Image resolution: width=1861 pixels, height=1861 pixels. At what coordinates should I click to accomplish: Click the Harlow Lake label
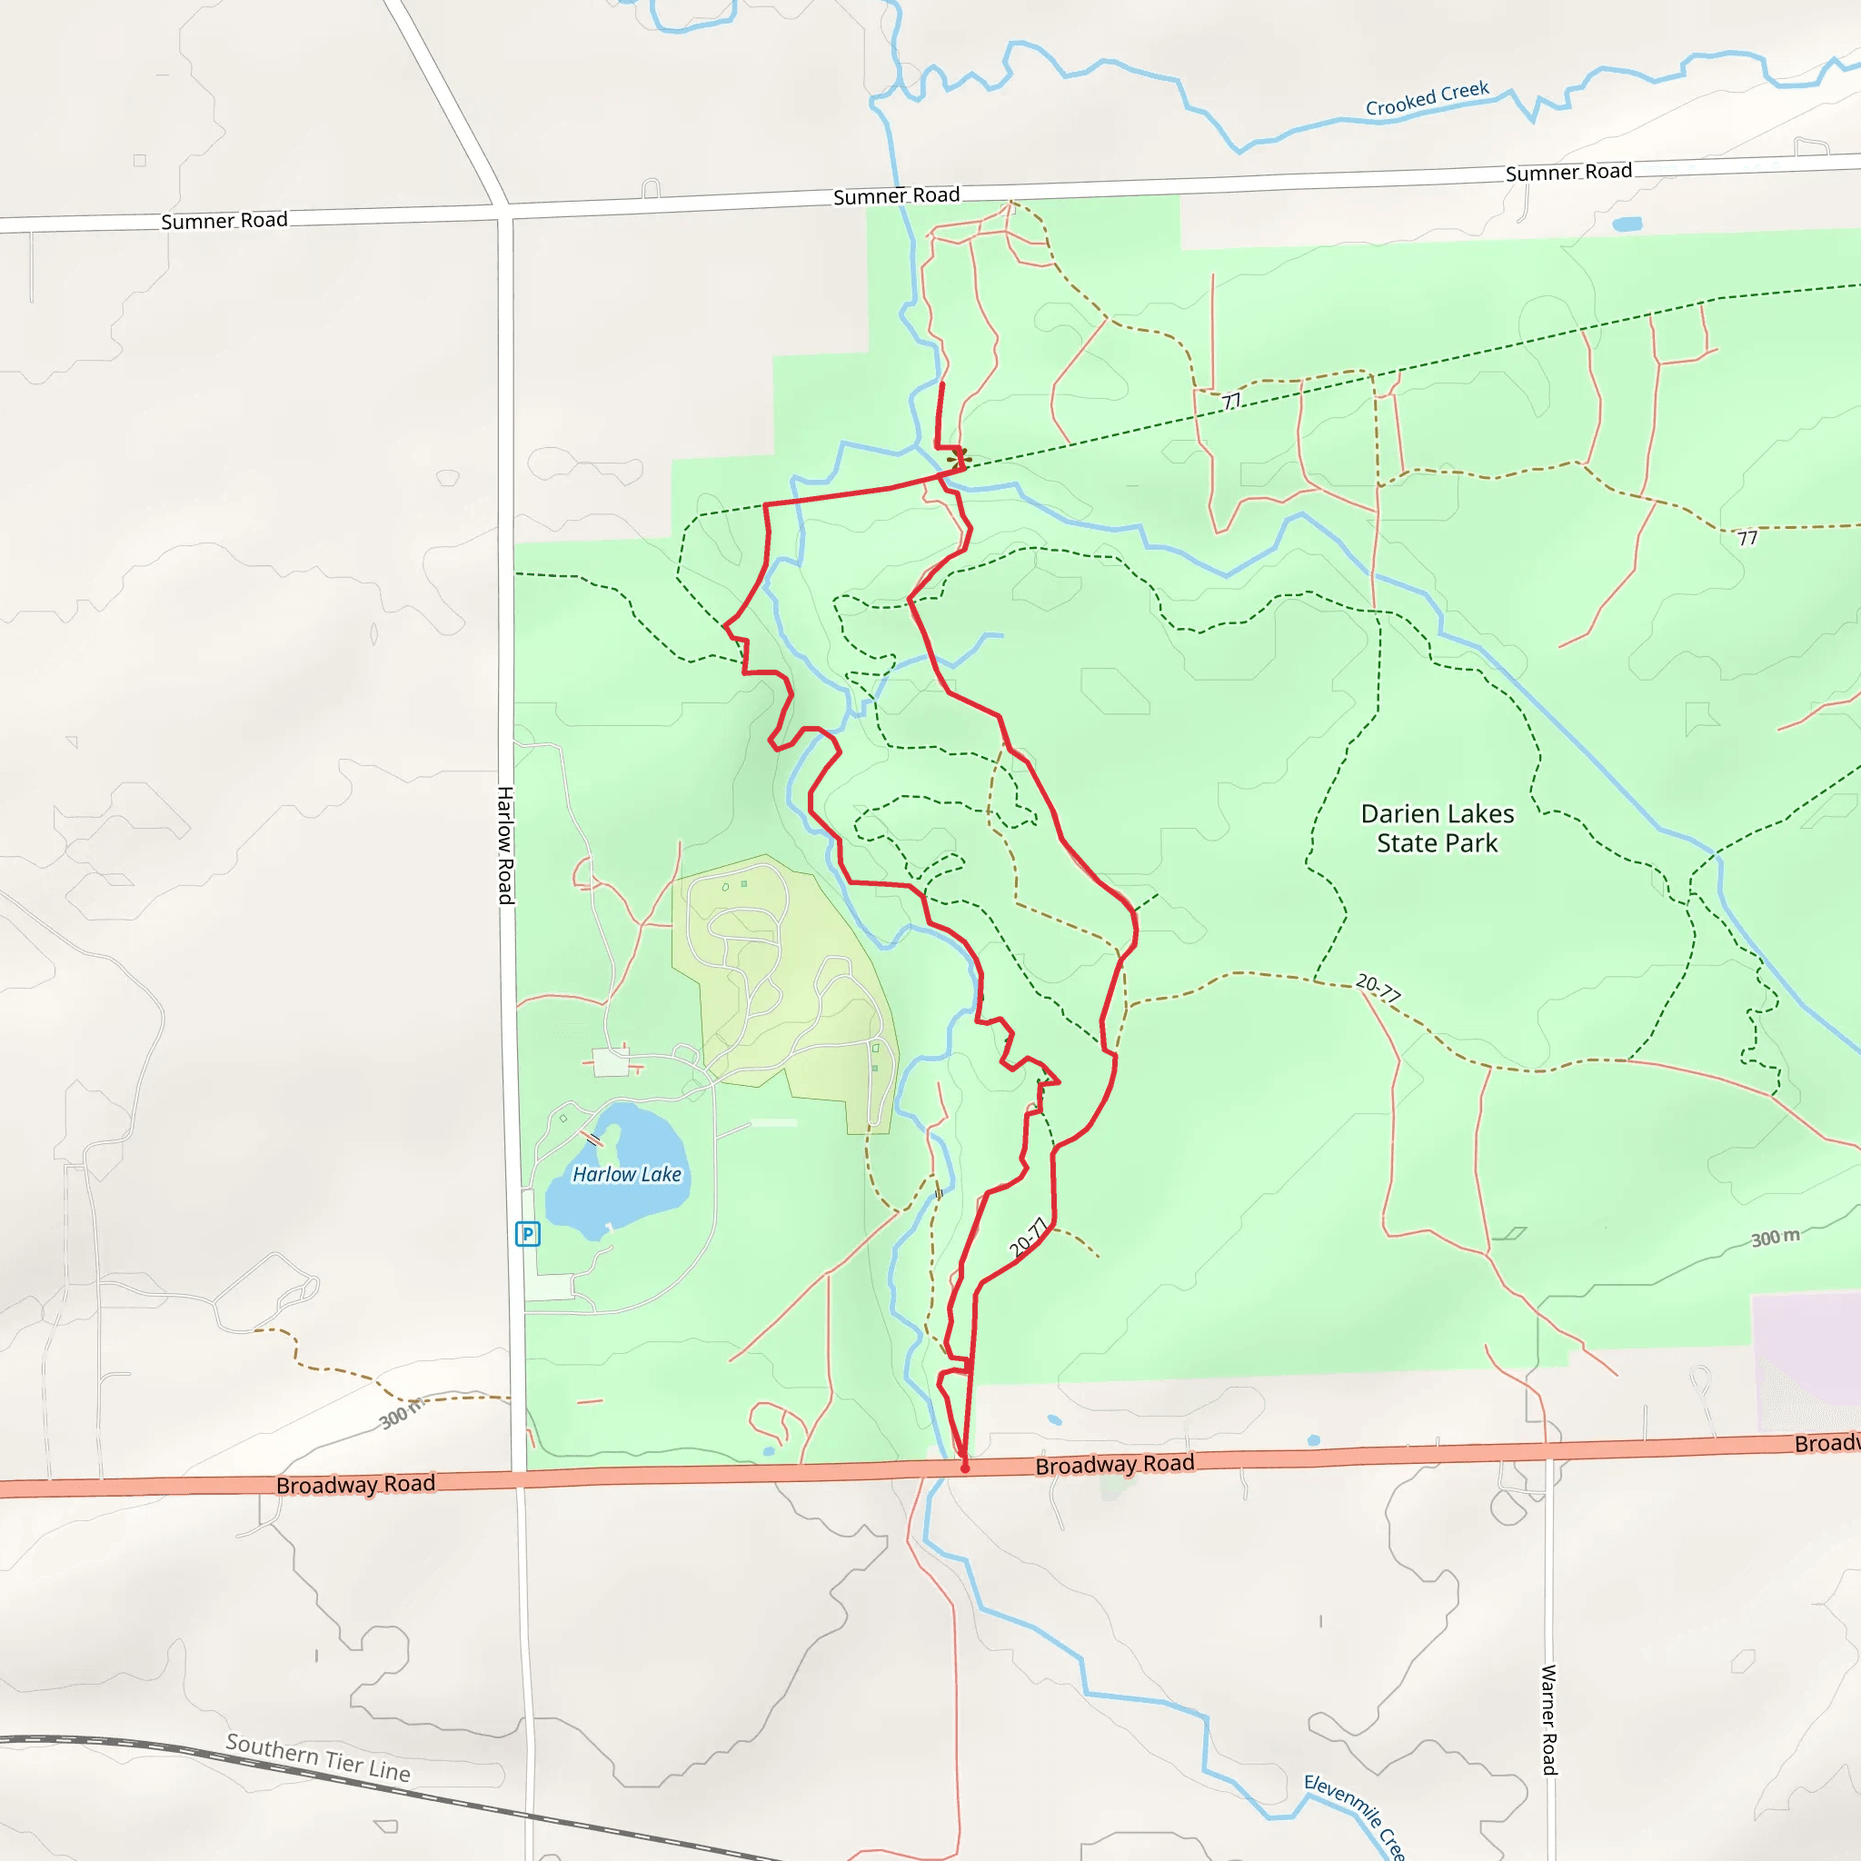coord(626,1174)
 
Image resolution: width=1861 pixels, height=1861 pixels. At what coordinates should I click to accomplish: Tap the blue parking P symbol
coord(528,1234)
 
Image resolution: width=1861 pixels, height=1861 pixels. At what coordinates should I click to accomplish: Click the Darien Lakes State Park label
coord(1437,829)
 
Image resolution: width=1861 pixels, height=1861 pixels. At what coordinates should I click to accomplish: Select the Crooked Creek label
coord(1427,99)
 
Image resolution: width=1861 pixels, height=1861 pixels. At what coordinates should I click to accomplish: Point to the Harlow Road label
coord(504,845)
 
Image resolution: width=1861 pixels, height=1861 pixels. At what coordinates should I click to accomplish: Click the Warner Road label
coord(1549,1719)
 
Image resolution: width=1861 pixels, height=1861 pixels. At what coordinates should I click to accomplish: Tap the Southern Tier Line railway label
coord(318,1757)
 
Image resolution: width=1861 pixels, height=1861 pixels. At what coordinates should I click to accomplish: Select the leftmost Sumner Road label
coord(224,221)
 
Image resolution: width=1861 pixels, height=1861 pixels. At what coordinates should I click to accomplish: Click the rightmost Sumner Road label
coord(1568,173)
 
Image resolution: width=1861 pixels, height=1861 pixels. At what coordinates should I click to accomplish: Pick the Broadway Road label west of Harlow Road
coord(355,1485)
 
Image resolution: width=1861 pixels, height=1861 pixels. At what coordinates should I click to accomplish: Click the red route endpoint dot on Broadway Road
coord(964,1469)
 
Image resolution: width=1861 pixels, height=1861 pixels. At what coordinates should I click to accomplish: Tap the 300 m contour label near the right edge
coord(1775,1238)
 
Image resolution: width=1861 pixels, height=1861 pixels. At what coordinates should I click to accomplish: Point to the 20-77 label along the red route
coord(1028,1238)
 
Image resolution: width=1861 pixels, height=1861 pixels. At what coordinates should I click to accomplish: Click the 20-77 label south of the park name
coord(1378,988)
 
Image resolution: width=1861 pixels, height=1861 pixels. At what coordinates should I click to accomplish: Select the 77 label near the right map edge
coord(1747,539)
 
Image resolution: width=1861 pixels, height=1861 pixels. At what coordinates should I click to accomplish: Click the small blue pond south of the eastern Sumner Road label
coord(1627,224)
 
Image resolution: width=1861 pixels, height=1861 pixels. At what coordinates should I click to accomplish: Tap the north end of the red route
coord(941,383)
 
